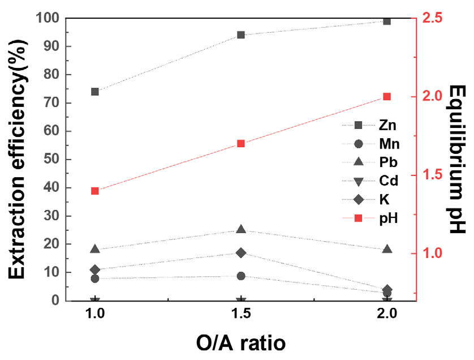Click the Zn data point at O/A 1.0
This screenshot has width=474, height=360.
pyautogui.click(x=95, y=92)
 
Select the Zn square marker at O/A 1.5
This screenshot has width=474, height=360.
pyautogui.click(x=241, y=35)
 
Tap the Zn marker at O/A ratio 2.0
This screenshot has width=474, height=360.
pyautogui.click(x=387, y=22)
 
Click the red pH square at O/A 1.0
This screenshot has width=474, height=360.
pyautogui.click(x=95, y=191)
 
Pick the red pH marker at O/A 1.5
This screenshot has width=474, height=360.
pyautogui.click(x=241, y=144)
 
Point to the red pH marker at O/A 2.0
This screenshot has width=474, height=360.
pyautogui.click(x=387, y=96)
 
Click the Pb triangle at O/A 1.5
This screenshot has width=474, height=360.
pyautogui.click(x=241, y=229)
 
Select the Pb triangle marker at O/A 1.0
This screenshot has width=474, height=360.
pyautogui.click(x=95, y=249)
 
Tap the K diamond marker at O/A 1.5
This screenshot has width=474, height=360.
pyautogui.click(x=241, y=252)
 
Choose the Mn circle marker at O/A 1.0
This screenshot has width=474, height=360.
pyautogui.click(x=95, y=278)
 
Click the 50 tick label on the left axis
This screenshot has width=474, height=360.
pyautogui.click(x=50, y=160)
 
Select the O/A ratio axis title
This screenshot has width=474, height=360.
pyautogui.click(x=240, y=342)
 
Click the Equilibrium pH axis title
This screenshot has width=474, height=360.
pyautogui.click(x=457, y=160)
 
